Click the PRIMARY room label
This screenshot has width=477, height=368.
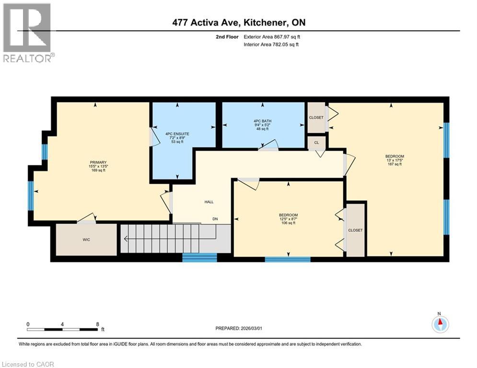point(98,162)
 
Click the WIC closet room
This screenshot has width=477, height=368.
point(86,239)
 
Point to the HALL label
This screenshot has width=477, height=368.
point(209,202)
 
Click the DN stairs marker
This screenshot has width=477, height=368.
point(216,219)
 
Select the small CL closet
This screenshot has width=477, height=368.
point(317,142)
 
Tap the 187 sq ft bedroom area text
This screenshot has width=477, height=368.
point(395,164)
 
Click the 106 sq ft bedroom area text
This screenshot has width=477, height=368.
point(288,223)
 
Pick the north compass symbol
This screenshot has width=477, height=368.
point(439,324)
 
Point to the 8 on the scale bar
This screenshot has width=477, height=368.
point(98,323)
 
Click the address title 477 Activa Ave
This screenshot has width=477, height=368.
point(238,23)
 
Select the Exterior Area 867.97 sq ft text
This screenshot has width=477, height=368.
point(272,36)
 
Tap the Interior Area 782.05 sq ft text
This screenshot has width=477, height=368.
point(271,45)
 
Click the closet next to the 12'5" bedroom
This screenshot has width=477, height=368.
point(355,230)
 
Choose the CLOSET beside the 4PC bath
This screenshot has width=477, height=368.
point(316,117)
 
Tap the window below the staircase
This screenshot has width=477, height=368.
point(200,257)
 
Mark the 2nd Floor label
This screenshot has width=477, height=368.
point(227,36)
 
